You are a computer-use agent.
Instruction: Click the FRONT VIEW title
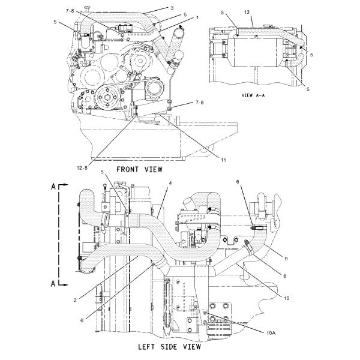tap(139, 170)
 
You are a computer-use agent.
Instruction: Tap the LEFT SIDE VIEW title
tap(169, 347)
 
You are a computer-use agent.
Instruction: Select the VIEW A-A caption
tap(253, 95)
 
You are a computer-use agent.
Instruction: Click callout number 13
tap(247, 12)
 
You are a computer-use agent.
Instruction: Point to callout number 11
tap(223, 160)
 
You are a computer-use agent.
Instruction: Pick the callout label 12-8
tap(82, 168)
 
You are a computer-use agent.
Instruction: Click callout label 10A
tap(271, 332)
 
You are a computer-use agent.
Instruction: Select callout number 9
tap(286, 259)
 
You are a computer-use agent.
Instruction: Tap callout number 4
tap(170, 183)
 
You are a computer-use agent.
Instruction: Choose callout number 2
tap(75, 301)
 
